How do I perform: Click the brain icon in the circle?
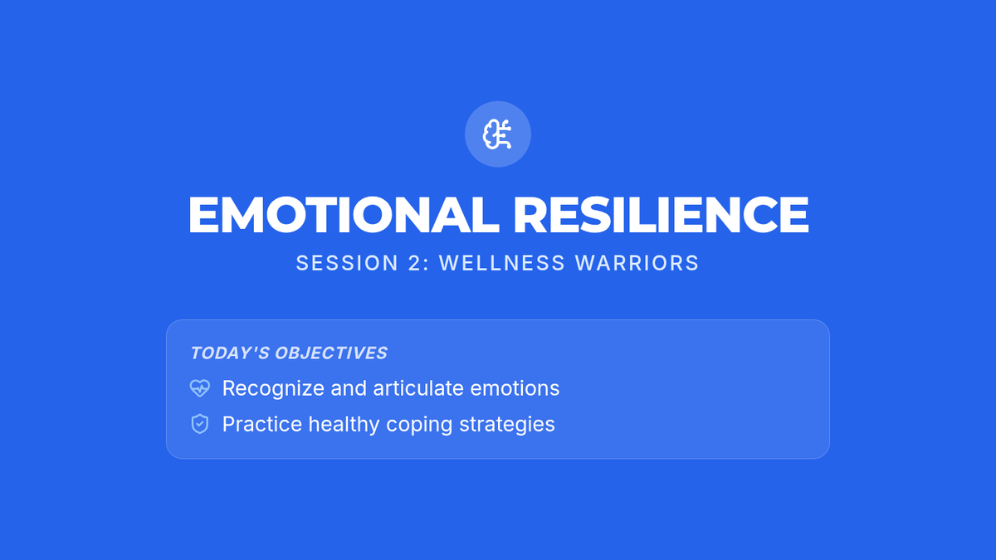coord(497,134)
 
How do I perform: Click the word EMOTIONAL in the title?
coord(344,215)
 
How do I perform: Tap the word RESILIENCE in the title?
coord(661,215)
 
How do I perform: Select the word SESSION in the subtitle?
coord(347,263)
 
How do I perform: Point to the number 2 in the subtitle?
coord(414,263)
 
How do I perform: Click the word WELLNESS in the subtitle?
coord(502,263)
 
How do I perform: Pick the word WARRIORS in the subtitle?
coord(637,263)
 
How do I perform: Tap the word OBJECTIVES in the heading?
coord(331,353)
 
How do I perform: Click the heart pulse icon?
coord(200,388)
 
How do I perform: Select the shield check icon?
coord(200,424)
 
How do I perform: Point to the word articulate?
coord(418,388)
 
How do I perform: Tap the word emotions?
coord(515,388)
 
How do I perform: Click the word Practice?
coord(262,424)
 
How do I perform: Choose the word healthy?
coord(344,425)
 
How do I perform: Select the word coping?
coord(420,426)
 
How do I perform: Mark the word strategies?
coord(507,425)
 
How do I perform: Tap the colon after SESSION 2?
coord(427,265)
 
